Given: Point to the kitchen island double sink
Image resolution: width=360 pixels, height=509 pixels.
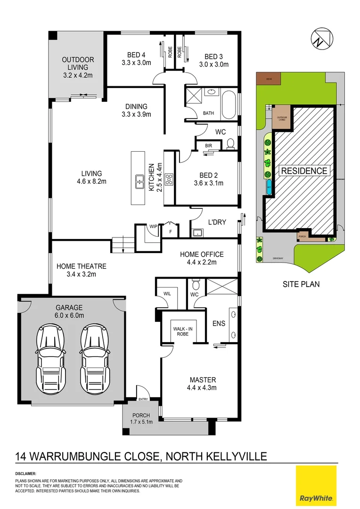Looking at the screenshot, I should coord(140,181).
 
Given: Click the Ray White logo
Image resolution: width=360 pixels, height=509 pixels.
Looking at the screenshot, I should coord(316,485).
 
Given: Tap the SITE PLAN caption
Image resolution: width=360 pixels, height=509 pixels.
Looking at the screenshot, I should coord(301,284).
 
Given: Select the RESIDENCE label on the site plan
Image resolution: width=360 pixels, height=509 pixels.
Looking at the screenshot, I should coord(304,171).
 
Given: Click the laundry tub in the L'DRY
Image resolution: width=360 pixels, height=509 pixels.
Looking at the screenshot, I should coord(197,232).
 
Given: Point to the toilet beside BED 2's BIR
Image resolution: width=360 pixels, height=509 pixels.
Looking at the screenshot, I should coord(230,144).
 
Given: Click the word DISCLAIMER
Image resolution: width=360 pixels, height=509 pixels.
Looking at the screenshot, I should coord(25,474).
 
